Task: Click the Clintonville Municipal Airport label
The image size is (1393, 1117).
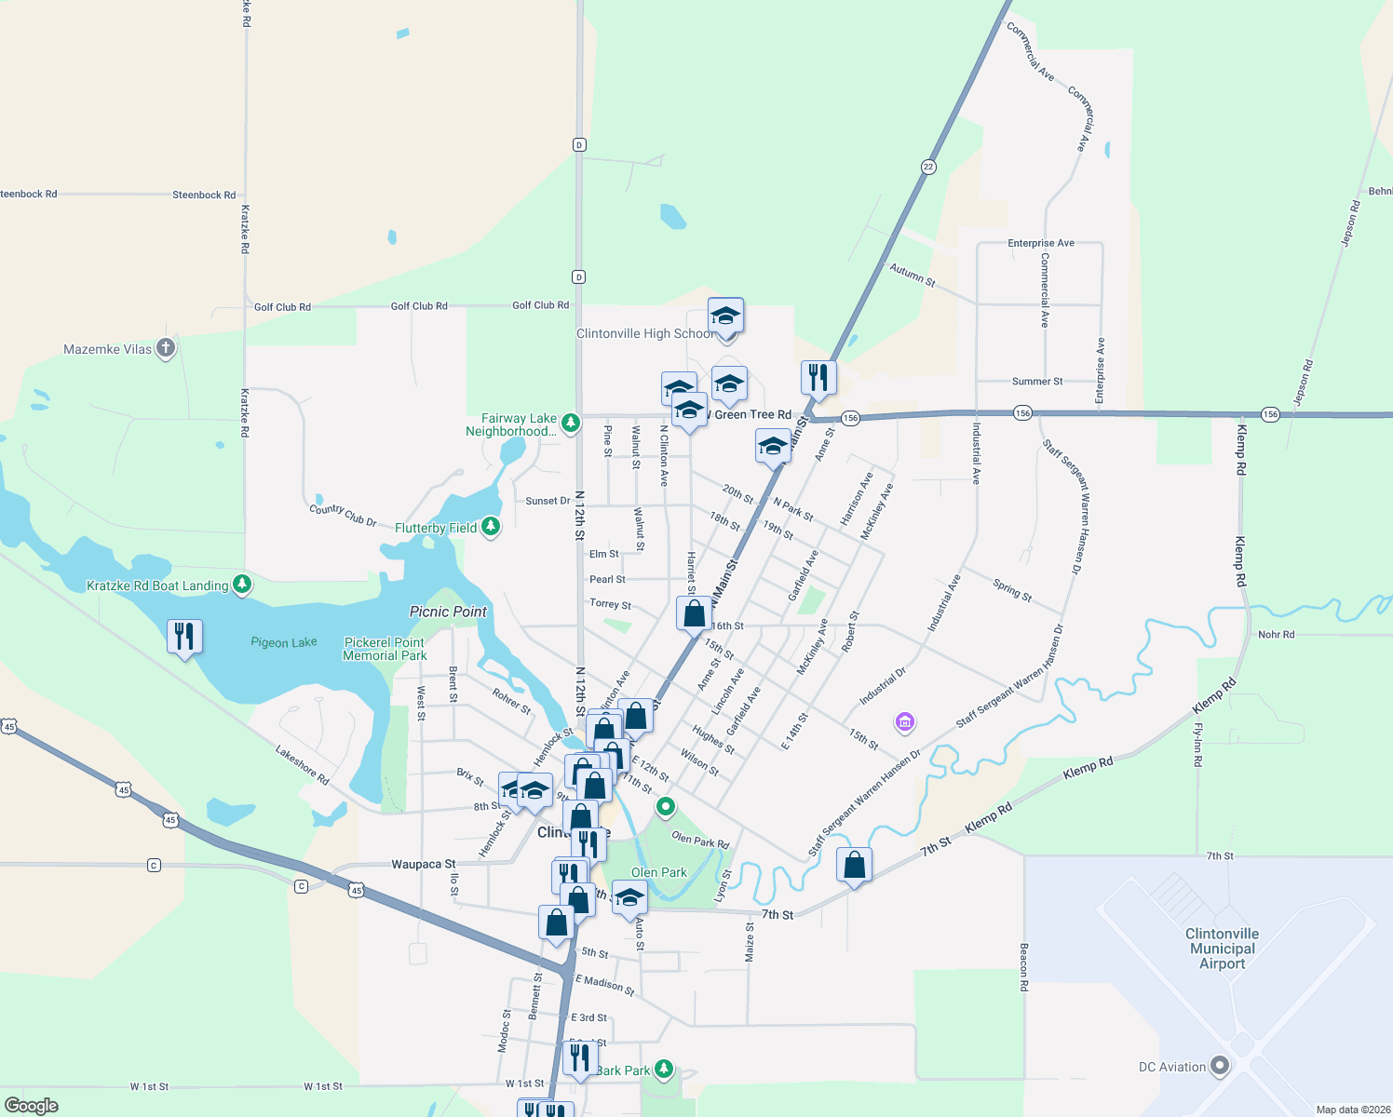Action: click(x=1222, y=949)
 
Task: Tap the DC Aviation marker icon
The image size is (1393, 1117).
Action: click(x=1220, y=1067)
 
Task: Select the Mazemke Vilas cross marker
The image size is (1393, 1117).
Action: click(x=166, y=348)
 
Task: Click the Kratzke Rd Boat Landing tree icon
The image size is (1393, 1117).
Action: click(x=242, y=585)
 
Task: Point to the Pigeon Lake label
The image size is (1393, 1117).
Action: click(x=284, y=642)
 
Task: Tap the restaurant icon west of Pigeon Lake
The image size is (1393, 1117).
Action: click(x=184, y=637)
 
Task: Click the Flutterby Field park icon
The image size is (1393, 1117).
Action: click(x=491, y=527)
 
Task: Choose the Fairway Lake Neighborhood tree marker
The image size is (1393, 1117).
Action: click(x=571, y=424)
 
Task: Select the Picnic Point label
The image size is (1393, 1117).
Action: click(x=448, y=612)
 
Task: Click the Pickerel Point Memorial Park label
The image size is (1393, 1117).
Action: click(x=385, y=649)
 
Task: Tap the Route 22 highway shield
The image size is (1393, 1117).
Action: click(x=928, y=167)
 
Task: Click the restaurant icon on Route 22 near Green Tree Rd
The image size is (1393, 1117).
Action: click(x=818, y=378)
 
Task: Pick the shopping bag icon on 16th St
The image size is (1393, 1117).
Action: click(x=694, y=614)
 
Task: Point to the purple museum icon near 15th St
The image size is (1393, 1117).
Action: click(x=904, y=721)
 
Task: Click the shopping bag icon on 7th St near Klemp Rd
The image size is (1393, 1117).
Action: click(x=854, y=866)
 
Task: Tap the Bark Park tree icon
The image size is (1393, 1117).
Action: click(x=664, y=1069)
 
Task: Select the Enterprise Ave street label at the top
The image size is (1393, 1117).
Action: click(x=1041, y=243)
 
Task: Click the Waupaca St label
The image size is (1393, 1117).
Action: click(x=424, y=864)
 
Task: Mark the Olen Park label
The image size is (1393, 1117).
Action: click(x=659, y=872)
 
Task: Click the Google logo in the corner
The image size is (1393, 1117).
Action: click(x=32, y=1105)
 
